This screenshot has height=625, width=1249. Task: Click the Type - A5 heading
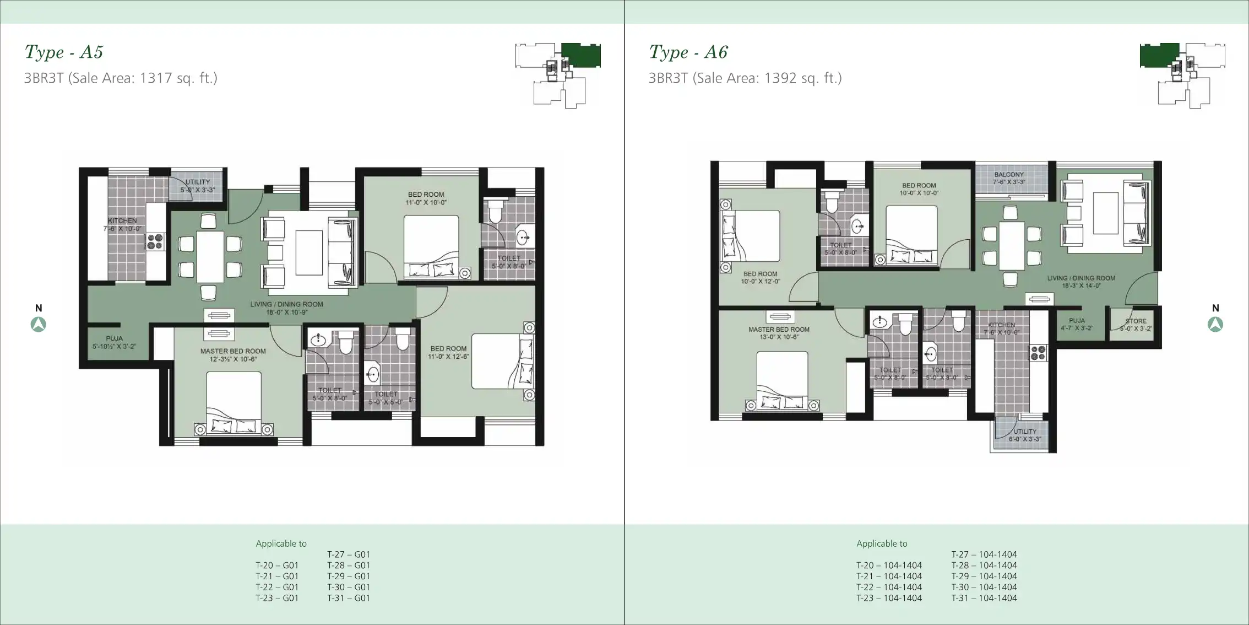point(64,52)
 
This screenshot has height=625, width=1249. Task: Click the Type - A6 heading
point(688,52)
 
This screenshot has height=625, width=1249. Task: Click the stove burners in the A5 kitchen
point(155,241)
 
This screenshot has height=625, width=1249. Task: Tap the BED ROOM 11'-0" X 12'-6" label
point(448,352)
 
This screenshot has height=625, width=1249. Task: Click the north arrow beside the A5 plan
point(38,324)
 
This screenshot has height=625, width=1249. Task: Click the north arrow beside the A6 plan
point(1215,324)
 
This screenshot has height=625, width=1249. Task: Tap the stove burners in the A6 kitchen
point(1038,353)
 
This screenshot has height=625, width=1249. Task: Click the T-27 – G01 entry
point(349,554)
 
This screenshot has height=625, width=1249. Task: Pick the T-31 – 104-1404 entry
point(984,598)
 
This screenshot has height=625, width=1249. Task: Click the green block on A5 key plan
point(581,55)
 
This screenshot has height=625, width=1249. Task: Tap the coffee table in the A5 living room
point(309,252)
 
